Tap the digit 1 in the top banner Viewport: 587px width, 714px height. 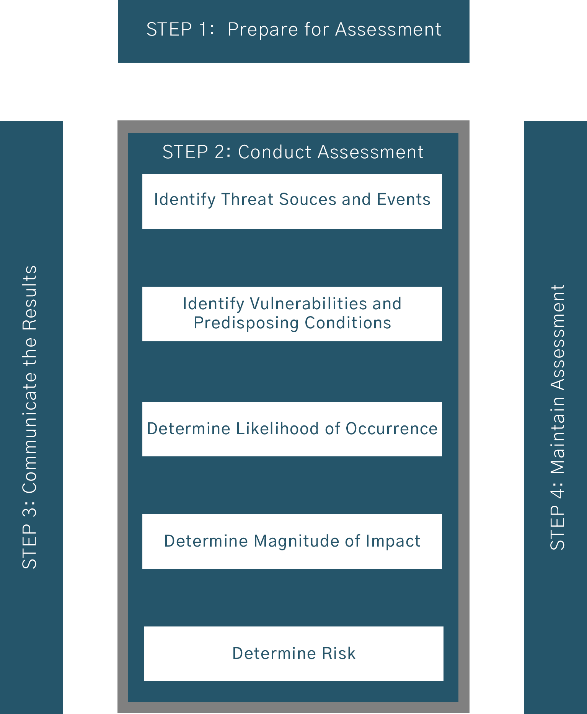(x=203, y=29)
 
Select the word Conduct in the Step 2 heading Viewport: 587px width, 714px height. (x=275, y=152)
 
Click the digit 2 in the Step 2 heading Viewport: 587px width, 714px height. (x=220, y=152)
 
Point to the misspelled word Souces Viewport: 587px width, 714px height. (x=307, y=200)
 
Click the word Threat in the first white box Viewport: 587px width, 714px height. (x=247, y=200)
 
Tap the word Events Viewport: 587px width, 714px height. (x=404, y=200)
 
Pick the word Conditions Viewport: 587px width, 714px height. (x=348, y=323)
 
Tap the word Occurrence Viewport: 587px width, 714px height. (x=391, y=429)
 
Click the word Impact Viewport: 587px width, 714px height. (x=393, y=542)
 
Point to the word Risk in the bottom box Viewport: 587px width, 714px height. (x=339, y=654)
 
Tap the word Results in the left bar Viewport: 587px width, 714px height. (x=30, y=298)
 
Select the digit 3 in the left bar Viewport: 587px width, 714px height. (x=30, y=509)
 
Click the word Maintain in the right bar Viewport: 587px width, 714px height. (x=558, y=435)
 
